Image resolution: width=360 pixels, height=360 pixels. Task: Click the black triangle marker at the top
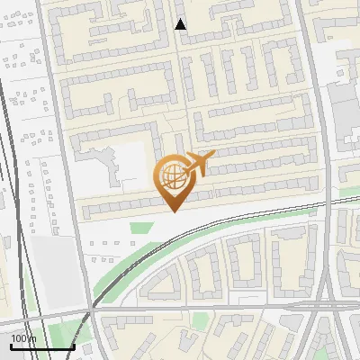(x=181, y=24)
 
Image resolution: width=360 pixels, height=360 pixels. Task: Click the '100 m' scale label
(x=23, y=338)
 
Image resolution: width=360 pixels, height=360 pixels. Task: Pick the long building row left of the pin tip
(x=121, y=210)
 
